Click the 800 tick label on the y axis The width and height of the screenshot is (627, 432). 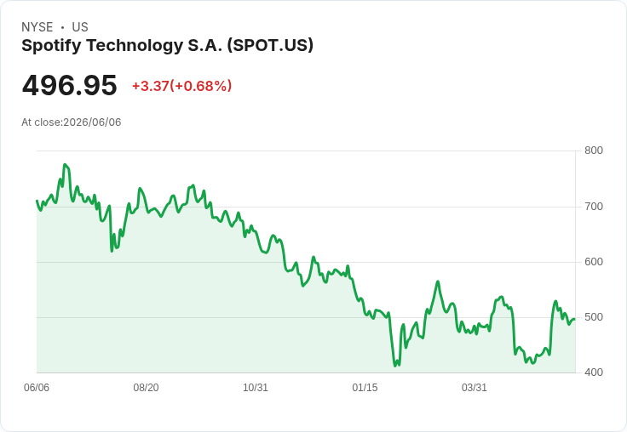pyautogui.click(x=594, y=151)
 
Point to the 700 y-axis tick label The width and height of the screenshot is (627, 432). pyautogui.click(x=594, y=207)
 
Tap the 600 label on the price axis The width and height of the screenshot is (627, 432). pyautogui.click(x=594, y=262)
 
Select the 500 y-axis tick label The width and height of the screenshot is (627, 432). pyautogui.click(x=594, y=317)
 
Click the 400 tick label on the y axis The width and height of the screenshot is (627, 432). pyautogui.click(x=594, y=372)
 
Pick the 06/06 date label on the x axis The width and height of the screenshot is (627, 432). pyautogui.click(x=37, y=388)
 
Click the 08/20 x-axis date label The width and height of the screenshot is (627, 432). pyautogui.click(x=146, y=388)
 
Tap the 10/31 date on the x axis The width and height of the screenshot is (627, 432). pyautogui.click(x=256, y=388)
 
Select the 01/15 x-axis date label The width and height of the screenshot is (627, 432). pyautogui.click(x=365, y=388)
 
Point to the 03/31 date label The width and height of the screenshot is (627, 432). pyautogui.click(x=475, y=388)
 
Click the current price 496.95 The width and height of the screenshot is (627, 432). pyautogui.click(x=69, y=85)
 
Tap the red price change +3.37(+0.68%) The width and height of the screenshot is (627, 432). pyautogui.click(x=182, y=86)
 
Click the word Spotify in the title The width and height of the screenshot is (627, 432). pyautogui.click(x=52, y=46)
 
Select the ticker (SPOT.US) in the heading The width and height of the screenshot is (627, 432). pyautogui.click(x=270, y=45)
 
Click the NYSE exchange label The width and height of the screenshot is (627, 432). pyautogui.click(x=37, y=27)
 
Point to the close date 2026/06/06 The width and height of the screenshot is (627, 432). pyautogui.click(x=92, y=122)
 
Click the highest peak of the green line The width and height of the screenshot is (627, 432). pyautogui.click(x=65, y=164)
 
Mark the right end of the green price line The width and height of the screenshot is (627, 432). pyautogui.click(x=575, y=319)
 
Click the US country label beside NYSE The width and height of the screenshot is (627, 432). pyautogui.click(x=80, y=27)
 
